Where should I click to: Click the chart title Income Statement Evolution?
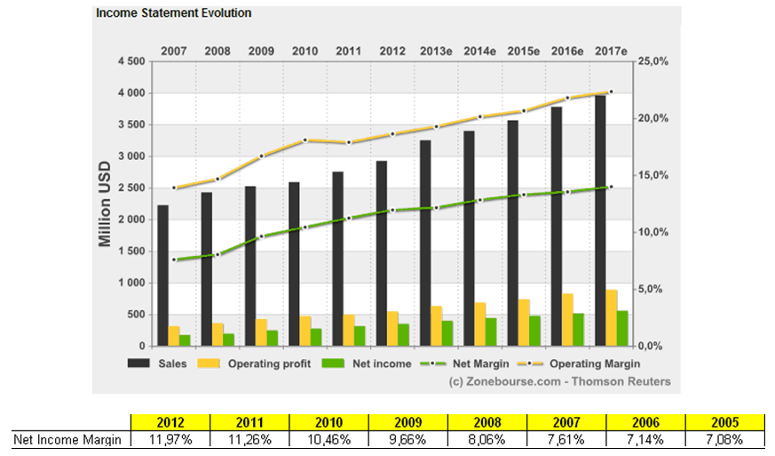click(x=173, y=13)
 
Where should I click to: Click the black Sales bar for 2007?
click(x=162, y=276)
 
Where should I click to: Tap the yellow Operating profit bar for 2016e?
click(x=566, y=319)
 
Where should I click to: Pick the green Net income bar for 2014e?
click(x=491, y=332)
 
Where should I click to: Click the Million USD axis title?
click(x=105, y=204)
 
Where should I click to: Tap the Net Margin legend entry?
click(x=480, y=364)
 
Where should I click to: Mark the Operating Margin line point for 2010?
click(x=304, y=140)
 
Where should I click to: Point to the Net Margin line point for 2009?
click(x=261, y=236)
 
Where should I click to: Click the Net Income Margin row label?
click(x=67, y=439)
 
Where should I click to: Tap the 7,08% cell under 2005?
click(x=725, y=439)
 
